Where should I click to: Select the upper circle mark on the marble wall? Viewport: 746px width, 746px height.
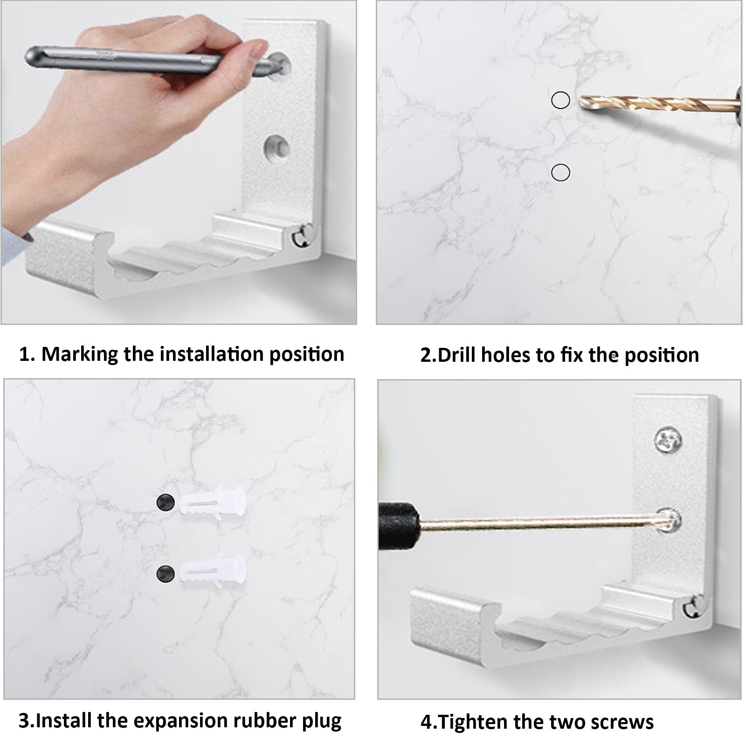coord(560,100)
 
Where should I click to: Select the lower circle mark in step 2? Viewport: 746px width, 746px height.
coord(560,173)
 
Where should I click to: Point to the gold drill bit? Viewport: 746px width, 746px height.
coord(657,104)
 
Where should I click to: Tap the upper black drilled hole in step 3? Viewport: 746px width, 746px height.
coord(166,502)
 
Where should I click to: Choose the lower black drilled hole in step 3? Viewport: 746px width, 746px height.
coord(166,573)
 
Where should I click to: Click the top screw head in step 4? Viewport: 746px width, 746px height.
coord(667,440)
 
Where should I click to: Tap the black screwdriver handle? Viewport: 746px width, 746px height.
coord(399,523)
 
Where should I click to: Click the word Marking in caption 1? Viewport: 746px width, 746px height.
coord(79,355)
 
